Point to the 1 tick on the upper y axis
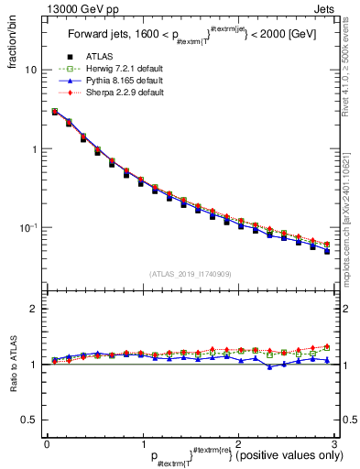[x=34, y=149]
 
